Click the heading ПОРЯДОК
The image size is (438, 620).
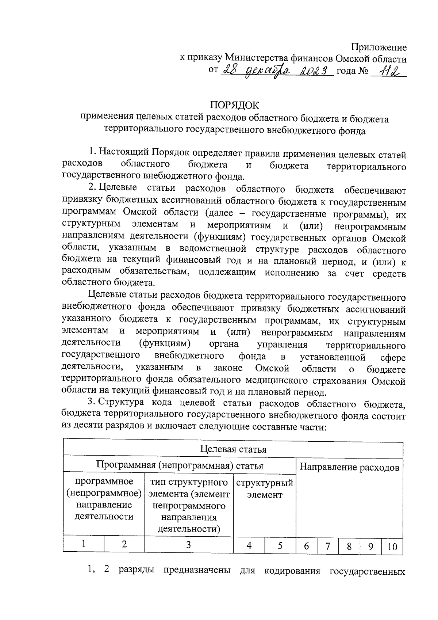coord(234,105)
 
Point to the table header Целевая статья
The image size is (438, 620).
coord(233,449)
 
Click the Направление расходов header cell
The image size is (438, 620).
coord(349,467)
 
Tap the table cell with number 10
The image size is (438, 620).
coord(392,547)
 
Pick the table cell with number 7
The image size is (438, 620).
coord(328,546)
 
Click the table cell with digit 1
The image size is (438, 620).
coord(84,544)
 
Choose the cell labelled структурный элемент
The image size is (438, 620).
coord(265,489)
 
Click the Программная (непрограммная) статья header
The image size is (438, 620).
coord(180,465)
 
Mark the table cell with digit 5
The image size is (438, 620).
coord(280,545)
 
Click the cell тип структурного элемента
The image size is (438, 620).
coord(189,505)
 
